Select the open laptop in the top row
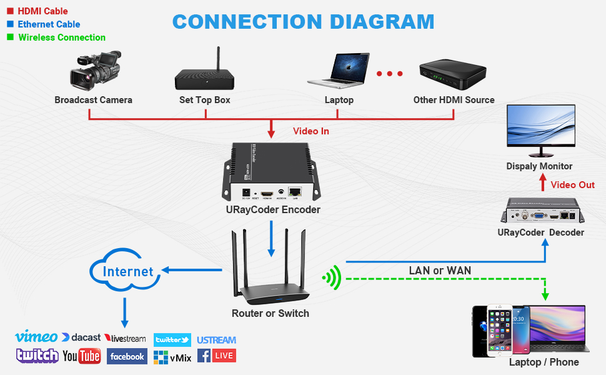tap(339, 70)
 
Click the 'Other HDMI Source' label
tap(454, 100)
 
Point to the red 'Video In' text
tap(310, 131)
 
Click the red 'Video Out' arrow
tap(543, 184)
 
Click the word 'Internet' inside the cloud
tap(128, 272)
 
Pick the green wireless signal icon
tap(332, 277)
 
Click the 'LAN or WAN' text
tap(440, 271)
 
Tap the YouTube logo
tap(82, 356)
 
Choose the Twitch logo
tap(37, 356)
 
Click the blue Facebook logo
tap(127, 356)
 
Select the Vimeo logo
tap(36, 337)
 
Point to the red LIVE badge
tap(224, 356)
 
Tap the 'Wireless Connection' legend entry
tap(61, 37)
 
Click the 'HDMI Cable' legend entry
tap(42, 11)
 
